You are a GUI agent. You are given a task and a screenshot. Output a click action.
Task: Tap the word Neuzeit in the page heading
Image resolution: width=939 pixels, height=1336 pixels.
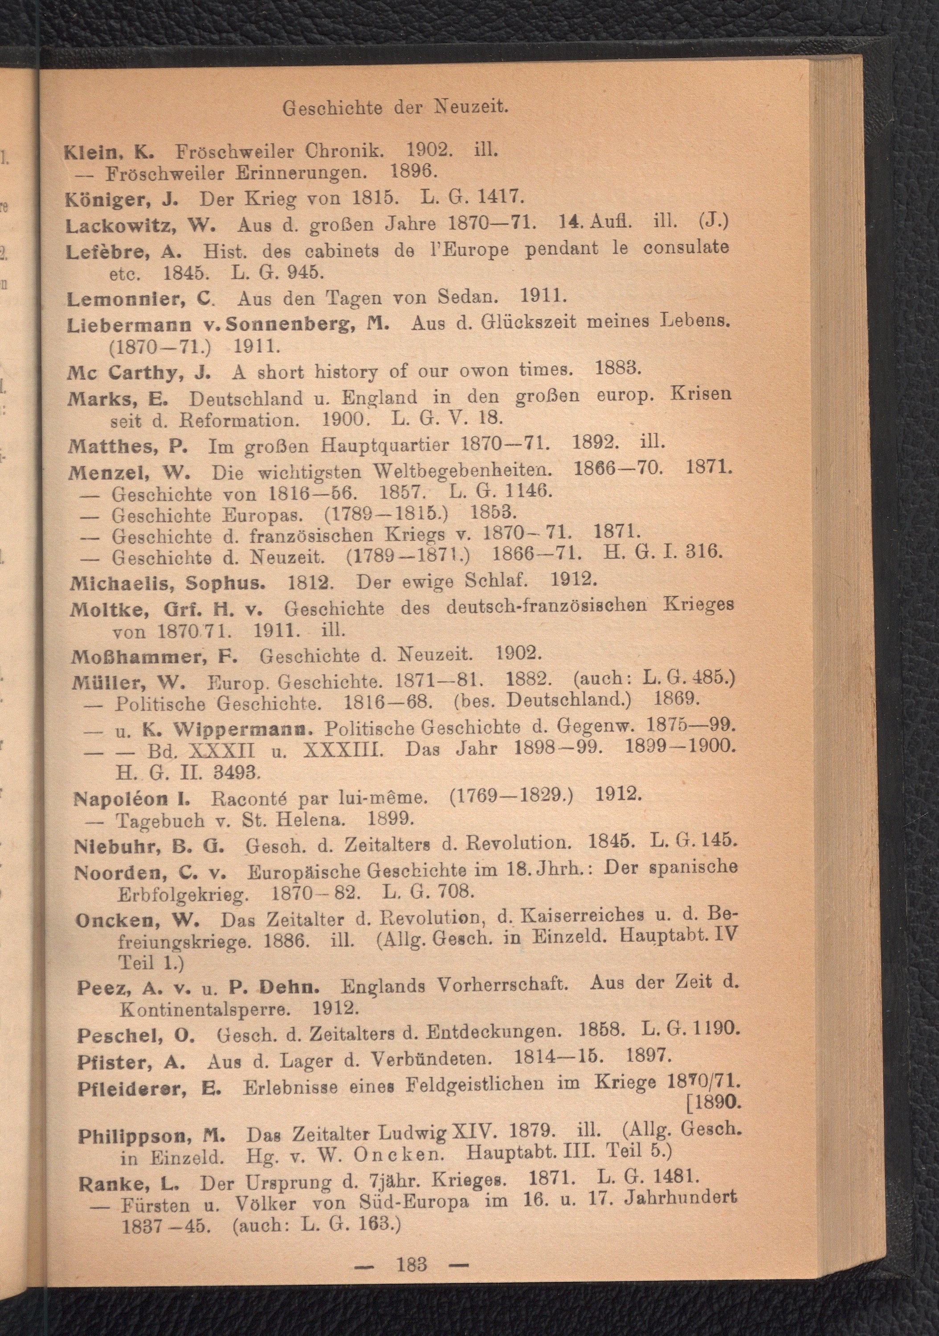point(471,107)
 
